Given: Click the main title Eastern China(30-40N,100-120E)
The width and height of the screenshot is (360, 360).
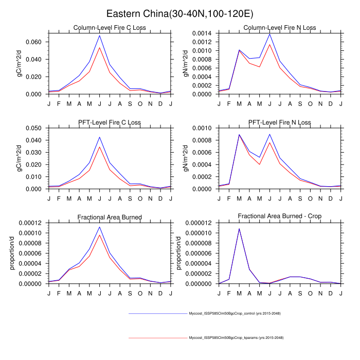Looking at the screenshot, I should [179, 13].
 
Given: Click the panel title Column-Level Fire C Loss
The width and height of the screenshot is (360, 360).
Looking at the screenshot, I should [110, 28].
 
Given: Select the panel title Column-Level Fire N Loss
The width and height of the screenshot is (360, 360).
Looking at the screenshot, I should [280, 28].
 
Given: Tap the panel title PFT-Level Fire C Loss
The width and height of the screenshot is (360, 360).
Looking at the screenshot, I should [110, 122].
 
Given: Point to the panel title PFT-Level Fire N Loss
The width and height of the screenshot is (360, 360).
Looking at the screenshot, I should [280, 122].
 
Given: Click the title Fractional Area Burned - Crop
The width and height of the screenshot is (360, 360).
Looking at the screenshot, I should [280, 217].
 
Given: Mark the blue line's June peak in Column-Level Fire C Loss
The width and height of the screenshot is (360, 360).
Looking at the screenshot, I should [100, 35].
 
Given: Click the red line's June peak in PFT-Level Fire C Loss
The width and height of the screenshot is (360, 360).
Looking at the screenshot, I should [100, 147].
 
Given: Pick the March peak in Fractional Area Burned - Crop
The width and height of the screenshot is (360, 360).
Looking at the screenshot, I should [239, 228].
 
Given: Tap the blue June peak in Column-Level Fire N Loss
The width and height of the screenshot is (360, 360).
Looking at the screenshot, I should [269, 34].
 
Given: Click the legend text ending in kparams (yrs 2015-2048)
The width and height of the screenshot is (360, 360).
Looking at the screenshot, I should [236, 338].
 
